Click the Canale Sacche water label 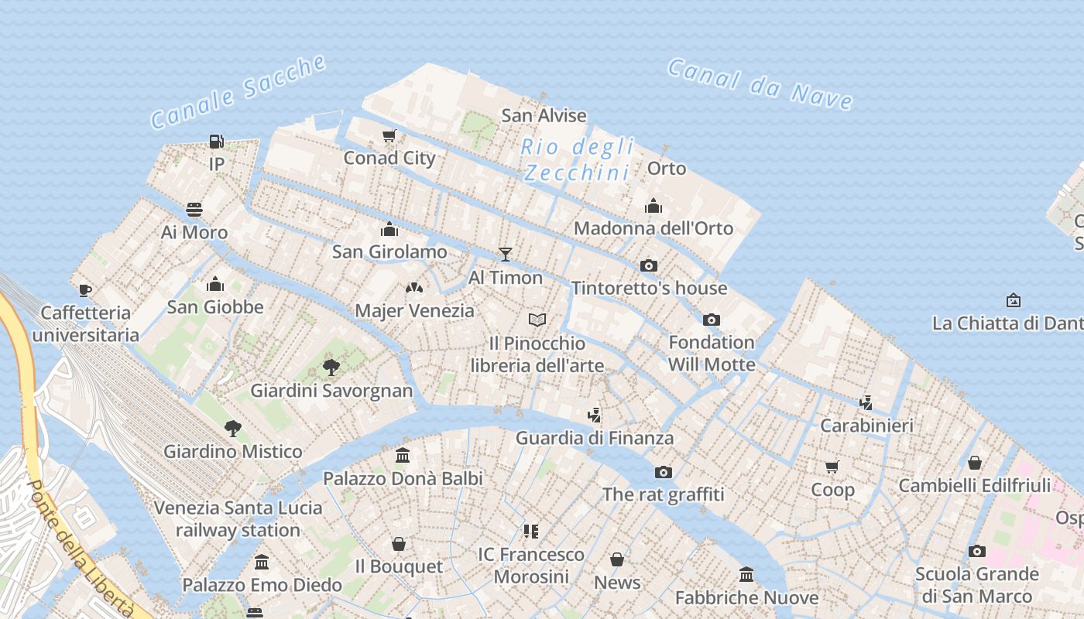[238, 92]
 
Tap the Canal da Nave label [760, 84]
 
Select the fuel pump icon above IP [217, 142]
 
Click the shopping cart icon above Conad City [389, 135]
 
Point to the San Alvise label [544, 116]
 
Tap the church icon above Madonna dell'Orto [653, 206]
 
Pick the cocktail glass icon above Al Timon [506, 254]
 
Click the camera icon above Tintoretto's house [649, 265]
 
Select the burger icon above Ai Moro [194, 210]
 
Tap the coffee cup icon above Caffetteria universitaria [85, 290]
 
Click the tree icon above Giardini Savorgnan [331, 367]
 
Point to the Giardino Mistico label [232, 451]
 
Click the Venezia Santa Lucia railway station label [238, 519]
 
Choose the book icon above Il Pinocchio [537, 320]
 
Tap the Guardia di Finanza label [595, 438]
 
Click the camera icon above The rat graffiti [663, 472]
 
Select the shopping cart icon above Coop [832, 467]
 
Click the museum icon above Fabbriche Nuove [746, 574]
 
